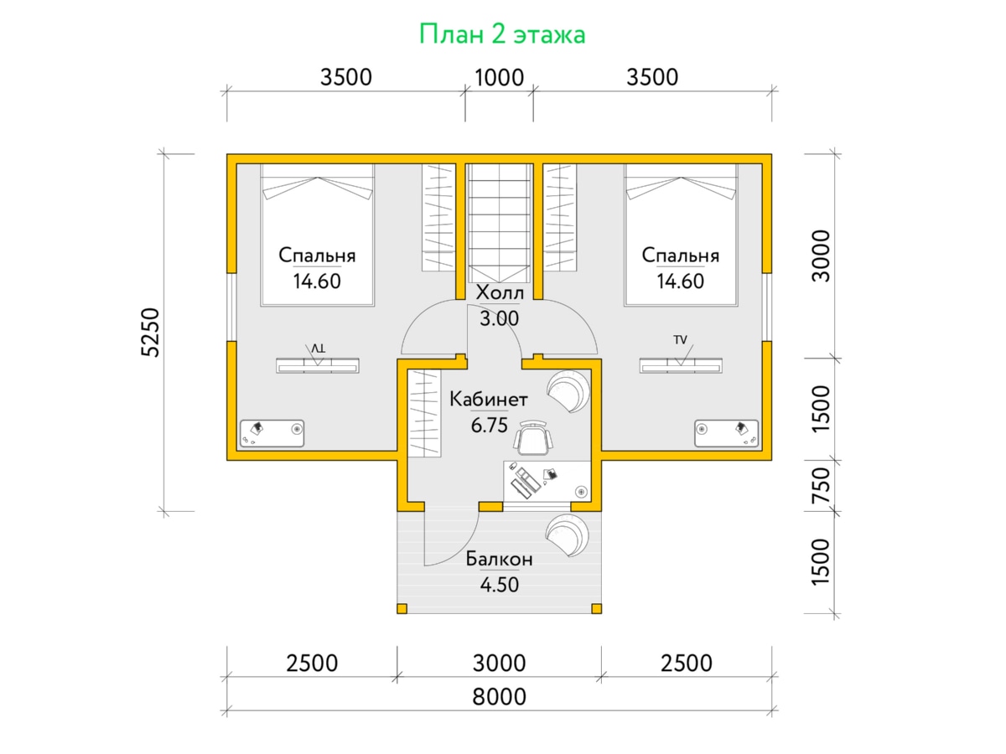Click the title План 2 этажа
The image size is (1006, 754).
(x=502, y=34)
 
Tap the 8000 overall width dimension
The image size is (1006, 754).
(x=499, y=697)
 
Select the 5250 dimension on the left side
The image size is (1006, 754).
(x=150, y=333)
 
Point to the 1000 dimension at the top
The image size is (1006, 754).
(x=499, y=77)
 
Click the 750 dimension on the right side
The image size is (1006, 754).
(x=821, y=486)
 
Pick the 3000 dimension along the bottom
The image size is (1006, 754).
(x=499, y=663)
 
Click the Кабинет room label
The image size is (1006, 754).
(x=489, y=400)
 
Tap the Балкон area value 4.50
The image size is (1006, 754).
(x=499, y=585)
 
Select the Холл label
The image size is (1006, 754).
(x=499, y=292)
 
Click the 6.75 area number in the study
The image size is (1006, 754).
(x=489, y=426)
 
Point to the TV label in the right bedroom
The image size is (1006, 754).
(x=680, y=339)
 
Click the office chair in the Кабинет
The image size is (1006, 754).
(x=532, y=437)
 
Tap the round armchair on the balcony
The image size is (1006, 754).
(x=568, y=535)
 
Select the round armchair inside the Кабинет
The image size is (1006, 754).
(x=568, y=391)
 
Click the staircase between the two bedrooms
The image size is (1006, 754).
(x=499, y=223)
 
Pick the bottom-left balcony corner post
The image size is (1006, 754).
(x=402, y=608)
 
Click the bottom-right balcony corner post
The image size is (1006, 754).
(x=596, y=608)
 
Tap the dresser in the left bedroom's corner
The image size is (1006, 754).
(x=272, y=433)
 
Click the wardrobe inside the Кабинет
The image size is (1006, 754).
(x=424, y=413)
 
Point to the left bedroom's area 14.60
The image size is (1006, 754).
(x=317, y=281)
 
